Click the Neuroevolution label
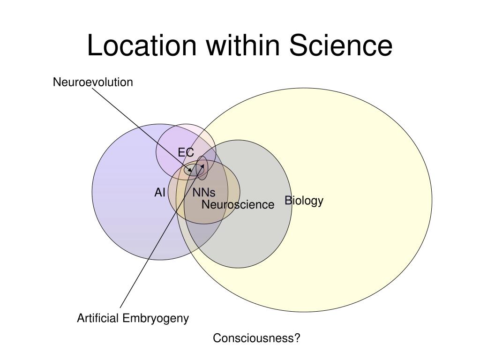[x=93, y=82]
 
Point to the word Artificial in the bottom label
[x=98, y=319]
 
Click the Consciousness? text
[x=256, y=338]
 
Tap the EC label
[x=185, y=152]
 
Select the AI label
[x=160, y=192]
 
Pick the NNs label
[x=203, y=193]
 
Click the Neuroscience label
[x=238, y=204]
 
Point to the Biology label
[x=304, y=201]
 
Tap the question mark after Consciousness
[x=297, y=338]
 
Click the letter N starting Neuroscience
[x=205, y=204]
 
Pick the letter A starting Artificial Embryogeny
[x=80, y=319]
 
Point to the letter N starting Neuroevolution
[x=56, y=82]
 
